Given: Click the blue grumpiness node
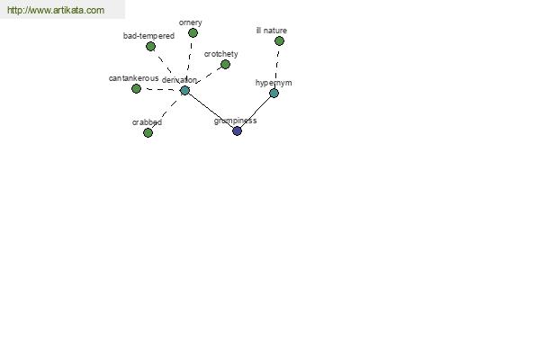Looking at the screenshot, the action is point(237,130).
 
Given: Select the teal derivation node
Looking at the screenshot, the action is point(184,91).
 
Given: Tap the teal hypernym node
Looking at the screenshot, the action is point(274,93).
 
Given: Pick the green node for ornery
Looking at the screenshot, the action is point(193,33).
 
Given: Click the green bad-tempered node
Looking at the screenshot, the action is point(150,46).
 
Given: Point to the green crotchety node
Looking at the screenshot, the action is point(225,65).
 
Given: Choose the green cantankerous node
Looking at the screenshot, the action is point(137,89).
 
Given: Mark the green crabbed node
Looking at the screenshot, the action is point(148,132).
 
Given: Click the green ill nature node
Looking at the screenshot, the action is point(279,41).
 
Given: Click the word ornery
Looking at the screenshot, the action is point(191,22).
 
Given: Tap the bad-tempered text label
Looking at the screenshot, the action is point(148,36).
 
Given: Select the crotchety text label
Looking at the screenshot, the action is point(221,54).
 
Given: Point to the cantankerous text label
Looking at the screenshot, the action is point(133,78).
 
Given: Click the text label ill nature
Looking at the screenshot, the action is point(272,31).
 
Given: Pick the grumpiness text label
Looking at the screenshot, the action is point(235,121).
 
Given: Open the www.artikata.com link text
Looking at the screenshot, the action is point(56,10).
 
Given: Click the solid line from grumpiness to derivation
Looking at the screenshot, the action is point(211,111).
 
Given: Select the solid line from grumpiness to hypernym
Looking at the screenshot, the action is point(256,112).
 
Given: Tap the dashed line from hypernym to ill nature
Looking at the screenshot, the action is point(277,67).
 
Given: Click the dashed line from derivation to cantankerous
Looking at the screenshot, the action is point(160,90).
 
